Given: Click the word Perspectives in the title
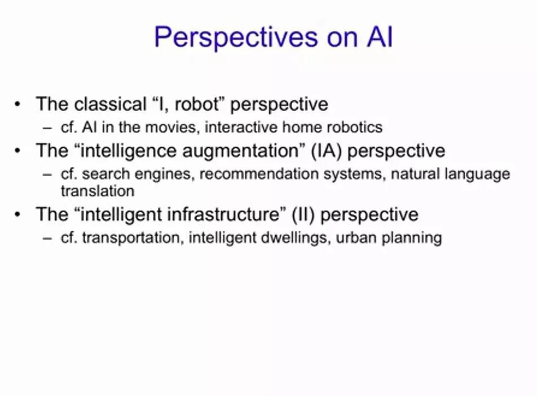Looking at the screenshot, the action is [236, 37].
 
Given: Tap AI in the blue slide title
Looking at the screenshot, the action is [380, 36].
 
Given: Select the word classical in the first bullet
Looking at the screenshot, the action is [111, 104].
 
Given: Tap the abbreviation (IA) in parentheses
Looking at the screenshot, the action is [327, 151].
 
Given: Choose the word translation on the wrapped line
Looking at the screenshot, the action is [98, 191].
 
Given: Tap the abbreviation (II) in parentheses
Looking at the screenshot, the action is [303, 214].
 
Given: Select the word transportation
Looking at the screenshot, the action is [131, 237].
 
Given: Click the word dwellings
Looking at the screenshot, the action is [296, 237].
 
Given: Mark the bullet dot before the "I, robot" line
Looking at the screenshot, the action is [18, 104].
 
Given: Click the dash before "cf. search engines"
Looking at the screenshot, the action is [47, 174].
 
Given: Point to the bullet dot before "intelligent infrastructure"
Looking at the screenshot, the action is [18, 214].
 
